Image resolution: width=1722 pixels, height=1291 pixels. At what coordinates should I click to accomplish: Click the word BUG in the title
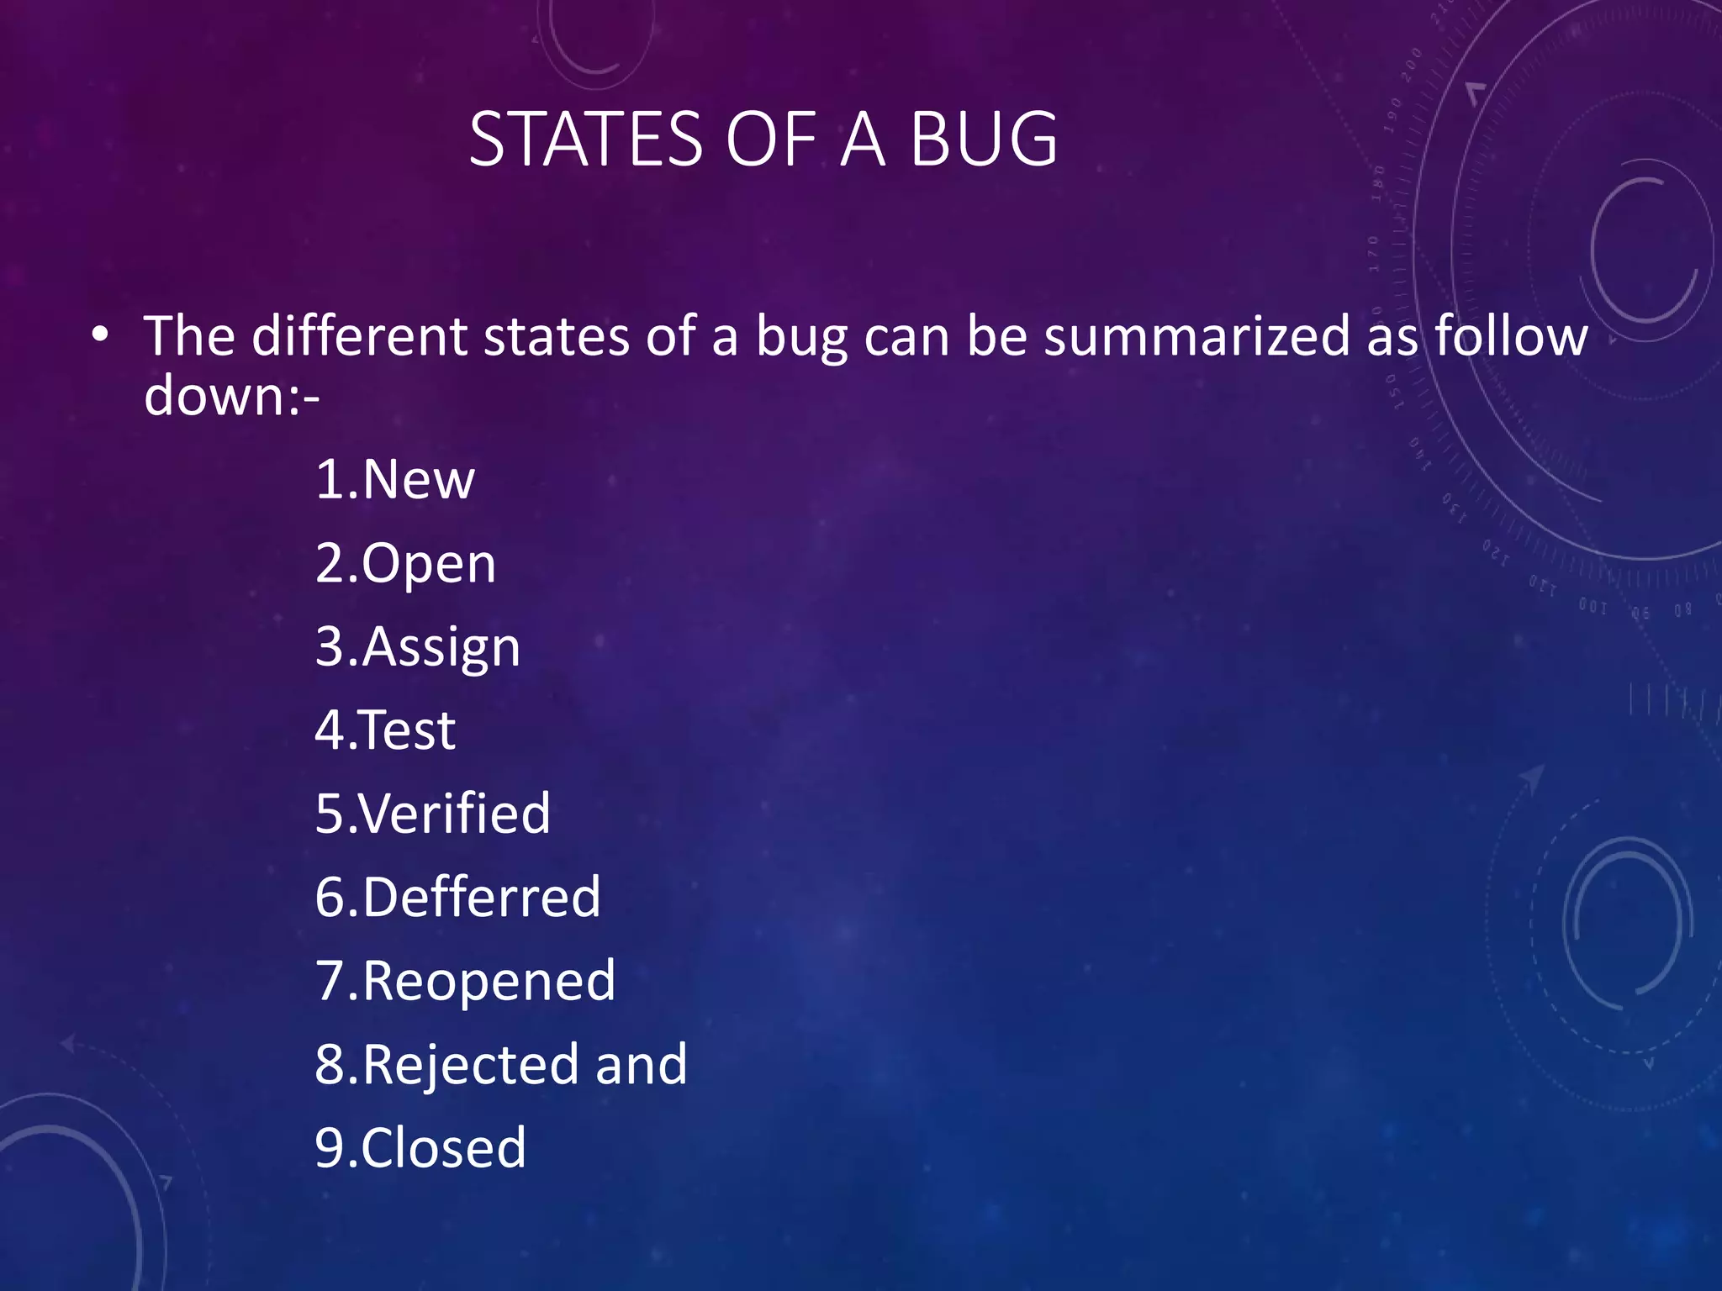(x=983, y=140)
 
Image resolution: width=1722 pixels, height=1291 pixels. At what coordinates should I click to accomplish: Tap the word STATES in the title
(x=585, y=140)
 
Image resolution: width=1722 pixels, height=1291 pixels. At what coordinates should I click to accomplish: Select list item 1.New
(x=395, y=480)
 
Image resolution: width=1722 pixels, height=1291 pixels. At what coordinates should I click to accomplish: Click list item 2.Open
(x=405, y=564)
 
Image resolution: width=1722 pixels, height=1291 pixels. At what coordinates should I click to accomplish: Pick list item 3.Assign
(x=418, y=648)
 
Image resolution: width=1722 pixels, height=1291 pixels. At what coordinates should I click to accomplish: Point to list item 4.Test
(x=385, y=730)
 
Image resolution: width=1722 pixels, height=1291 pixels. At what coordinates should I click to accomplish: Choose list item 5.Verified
(x=433, y=814)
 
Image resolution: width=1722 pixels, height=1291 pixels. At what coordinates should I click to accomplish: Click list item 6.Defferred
(x=458, y=897)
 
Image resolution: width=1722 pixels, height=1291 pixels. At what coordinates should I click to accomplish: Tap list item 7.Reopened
(x=465, y=981)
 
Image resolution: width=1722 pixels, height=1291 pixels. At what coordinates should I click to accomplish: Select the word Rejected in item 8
(x=471, y=1065)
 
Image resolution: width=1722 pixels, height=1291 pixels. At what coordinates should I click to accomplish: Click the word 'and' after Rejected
(x=642, y=1064)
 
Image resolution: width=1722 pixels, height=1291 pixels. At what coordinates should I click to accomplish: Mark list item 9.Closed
(x=420, y=1147)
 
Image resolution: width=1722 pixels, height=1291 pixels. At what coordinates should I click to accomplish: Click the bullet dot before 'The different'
(x=101, y=336)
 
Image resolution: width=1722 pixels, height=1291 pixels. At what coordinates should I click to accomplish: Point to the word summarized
(x=1196, y=336)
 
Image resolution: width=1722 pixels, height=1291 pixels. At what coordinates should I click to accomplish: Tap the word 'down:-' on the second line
(x=232, y=395)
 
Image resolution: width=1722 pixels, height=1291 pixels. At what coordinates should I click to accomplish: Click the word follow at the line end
(x=1511, y=336)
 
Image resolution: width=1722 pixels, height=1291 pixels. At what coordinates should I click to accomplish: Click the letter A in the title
(x=863, y=140)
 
